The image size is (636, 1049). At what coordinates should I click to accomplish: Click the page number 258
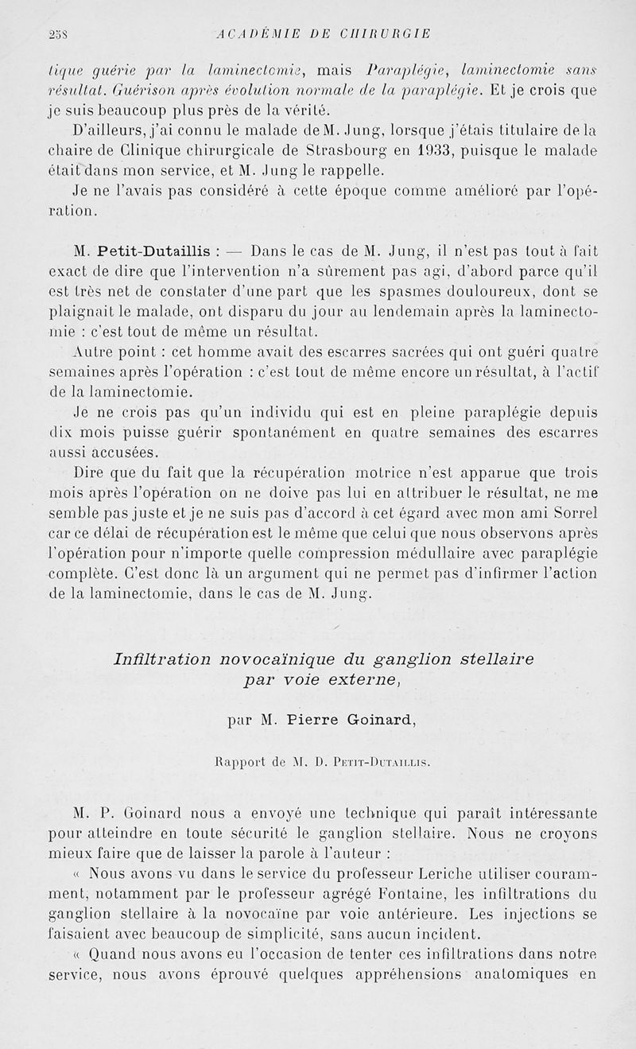click(x=56, y=33)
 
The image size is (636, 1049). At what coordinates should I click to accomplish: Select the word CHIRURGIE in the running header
click(x=384, y=33)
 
